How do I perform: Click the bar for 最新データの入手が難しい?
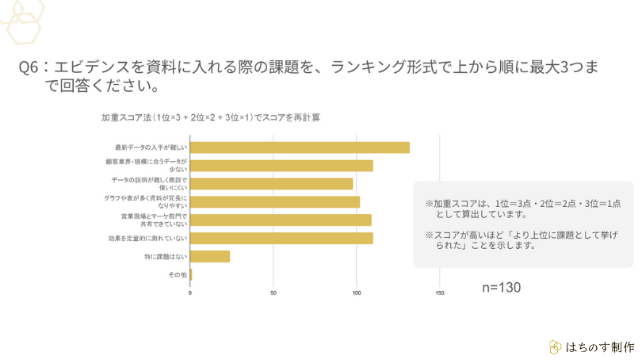[x=300, y=147]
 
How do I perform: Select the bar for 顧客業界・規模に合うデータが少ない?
[x=281, y=166]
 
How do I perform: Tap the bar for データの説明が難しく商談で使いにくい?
[x=271, y=184]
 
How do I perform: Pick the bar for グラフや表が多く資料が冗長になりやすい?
[x=274, y=202]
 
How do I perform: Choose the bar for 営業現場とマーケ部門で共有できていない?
[x=281, y=220]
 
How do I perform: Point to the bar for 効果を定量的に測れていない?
[x=281, y=238]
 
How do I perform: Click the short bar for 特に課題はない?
[x=210, y=256]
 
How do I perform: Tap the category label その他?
[x=178, y=274]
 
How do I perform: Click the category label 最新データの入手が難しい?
[x=151, y=147]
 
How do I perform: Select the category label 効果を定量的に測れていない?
[x=147, y=238]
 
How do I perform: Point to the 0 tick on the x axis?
[x=190, y=293]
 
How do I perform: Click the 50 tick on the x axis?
[x=273, y=293]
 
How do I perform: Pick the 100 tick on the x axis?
[x=357, y=293]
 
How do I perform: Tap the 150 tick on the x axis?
[x=440, y=293]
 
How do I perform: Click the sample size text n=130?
[x=501, y=287]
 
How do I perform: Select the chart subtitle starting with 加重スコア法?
[x=210, y=117]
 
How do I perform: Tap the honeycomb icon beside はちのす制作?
[x=555, y=347]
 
